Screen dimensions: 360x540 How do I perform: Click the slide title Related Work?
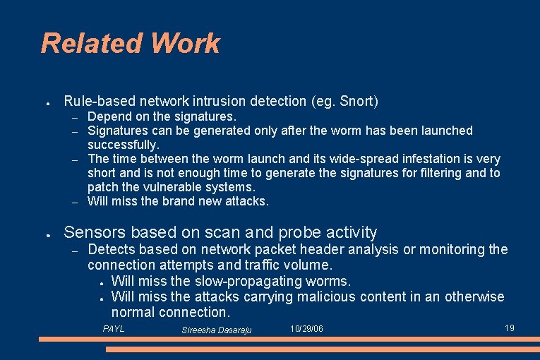[131, 44]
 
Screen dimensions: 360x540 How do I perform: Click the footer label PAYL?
[114, 329]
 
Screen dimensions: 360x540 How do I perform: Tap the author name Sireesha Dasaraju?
[216, 330]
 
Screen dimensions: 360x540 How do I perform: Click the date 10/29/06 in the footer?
[306, 329]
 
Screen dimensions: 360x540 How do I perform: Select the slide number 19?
[509, 328]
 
